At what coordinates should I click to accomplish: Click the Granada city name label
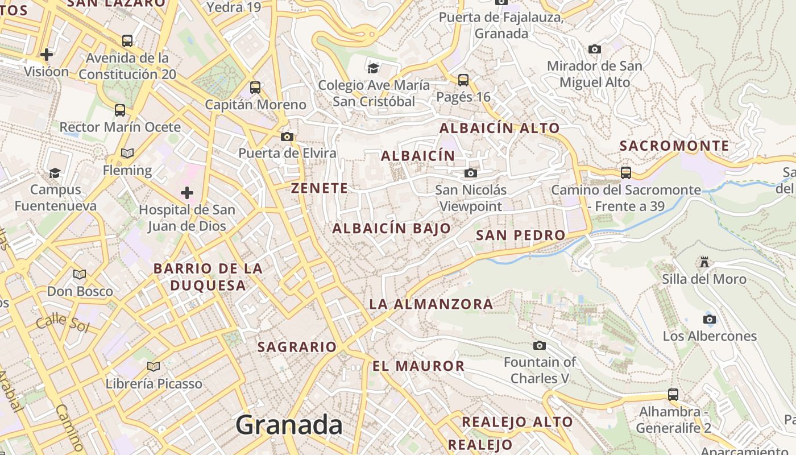point(289,425)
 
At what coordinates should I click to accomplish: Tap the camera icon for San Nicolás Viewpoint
point(471,173)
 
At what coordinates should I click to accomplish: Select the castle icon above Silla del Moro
point(704,262)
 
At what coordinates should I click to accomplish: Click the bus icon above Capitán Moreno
point(255,88)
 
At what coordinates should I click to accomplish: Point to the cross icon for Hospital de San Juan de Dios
point(186,193)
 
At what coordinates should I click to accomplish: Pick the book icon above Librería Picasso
point(153,366)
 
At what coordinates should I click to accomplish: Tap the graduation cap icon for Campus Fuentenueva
point(55,173)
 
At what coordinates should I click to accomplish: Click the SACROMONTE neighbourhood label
point(674,146)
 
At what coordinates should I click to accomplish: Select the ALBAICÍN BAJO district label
point(392,229)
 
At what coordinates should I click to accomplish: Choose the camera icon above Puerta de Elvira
point(287,136)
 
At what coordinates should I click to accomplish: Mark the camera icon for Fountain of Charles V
point(540,345)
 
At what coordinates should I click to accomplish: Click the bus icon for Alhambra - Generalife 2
point(673,394)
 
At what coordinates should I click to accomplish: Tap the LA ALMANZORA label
point(431,304)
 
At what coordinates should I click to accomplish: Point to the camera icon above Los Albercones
point(710,319)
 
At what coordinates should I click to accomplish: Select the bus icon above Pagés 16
point(463,80)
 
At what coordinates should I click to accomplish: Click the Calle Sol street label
point(63,322)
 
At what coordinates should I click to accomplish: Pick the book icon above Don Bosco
point(80,275)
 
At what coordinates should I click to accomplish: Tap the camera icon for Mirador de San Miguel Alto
point(595,49)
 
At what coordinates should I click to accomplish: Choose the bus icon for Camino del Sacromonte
point(626,172)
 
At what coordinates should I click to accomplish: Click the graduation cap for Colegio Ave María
point(374,68)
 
